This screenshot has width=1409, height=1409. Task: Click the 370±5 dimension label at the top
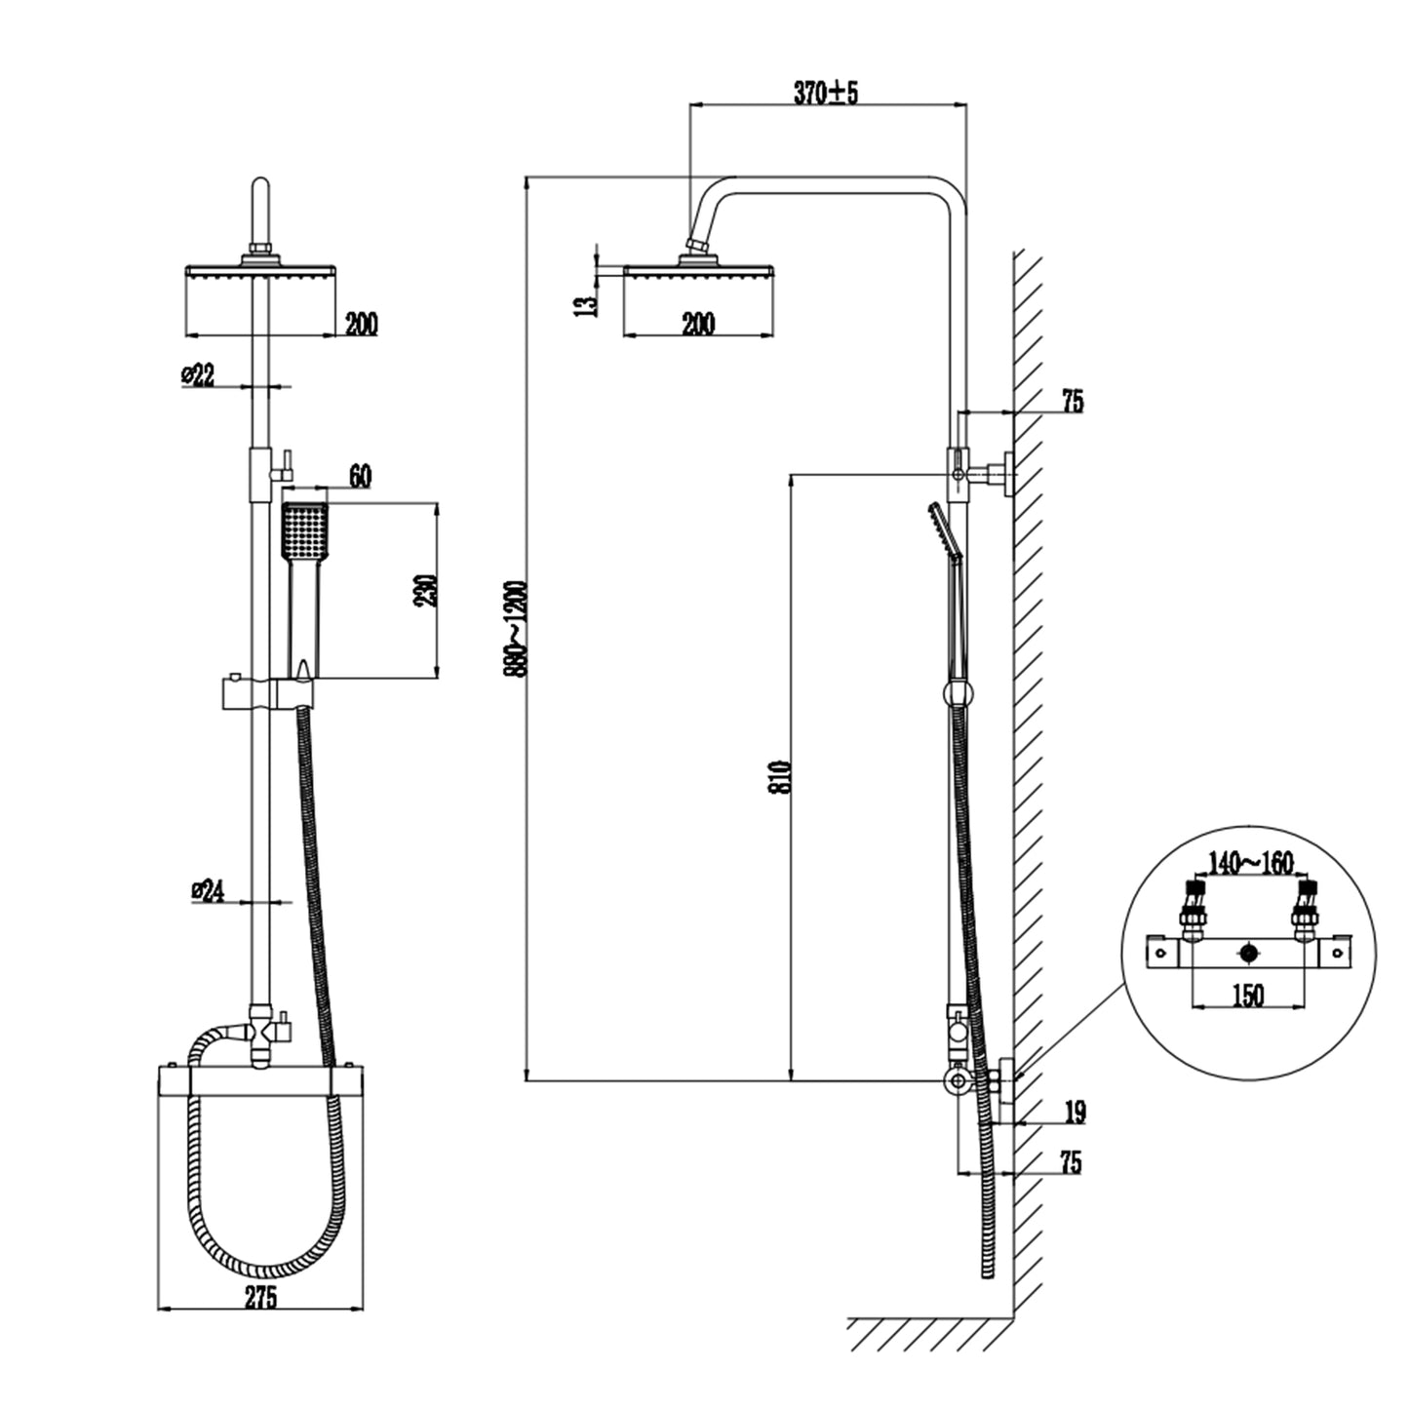(825, 93)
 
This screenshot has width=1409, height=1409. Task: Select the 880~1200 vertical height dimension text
(517, 628)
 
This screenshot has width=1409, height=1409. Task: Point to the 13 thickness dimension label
(586, 304)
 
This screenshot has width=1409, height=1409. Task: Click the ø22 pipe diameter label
(199, 375)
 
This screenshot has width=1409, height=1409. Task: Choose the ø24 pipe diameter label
(209, 889)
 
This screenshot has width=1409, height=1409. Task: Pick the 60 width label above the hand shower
(359, 477)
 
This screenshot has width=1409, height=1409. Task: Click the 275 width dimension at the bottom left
(260, 1297)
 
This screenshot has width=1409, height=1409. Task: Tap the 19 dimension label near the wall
(1075, 1112)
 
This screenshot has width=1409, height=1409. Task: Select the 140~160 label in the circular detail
(1250, 863)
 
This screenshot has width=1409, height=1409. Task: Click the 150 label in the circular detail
(1248, 995)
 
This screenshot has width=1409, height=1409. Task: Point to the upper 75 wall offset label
(1072, 401)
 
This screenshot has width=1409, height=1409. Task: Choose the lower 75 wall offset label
(1070, 1162)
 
